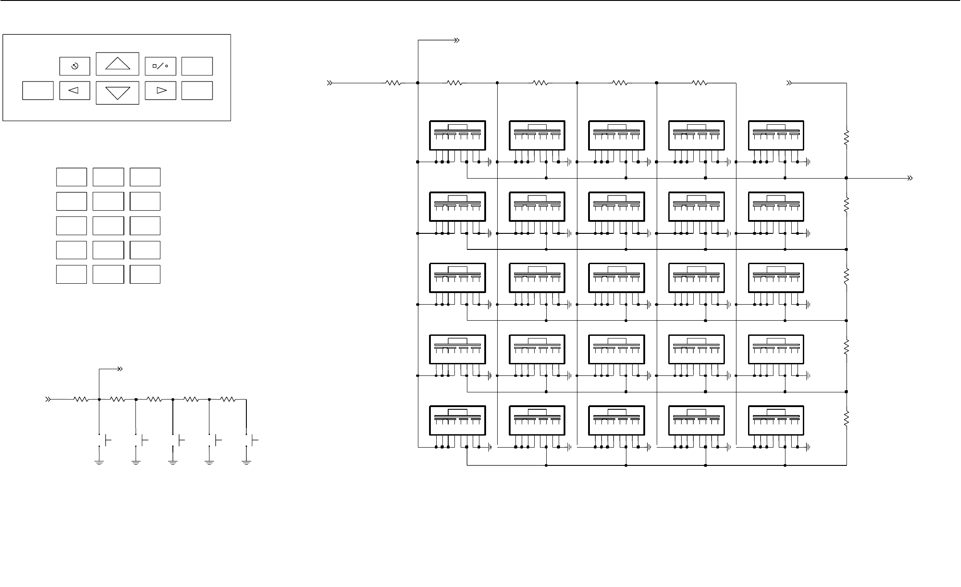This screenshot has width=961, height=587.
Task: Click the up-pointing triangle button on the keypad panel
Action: [x=118, y=64]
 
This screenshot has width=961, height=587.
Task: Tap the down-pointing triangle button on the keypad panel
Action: [x=118, y=93]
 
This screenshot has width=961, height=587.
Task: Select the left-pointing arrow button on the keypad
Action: [x=74, y=90]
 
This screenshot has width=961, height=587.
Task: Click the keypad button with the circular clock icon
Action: [x=74, y=66]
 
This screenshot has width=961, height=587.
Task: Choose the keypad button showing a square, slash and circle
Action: [x=160, y=66]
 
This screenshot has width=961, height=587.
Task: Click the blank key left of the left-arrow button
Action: [x=38, y=90]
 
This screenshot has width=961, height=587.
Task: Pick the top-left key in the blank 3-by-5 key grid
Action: [x=71, y=177]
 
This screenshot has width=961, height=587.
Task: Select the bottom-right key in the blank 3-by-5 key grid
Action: [x=145, y=274]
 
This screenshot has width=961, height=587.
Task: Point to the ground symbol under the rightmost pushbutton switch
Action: [x=246, y=462]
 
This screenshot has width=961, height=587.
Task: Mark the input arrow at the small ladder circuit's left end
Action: [x=48, y=399]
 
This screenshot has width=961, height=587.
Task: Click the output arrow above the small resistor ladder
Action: [x=119, y=369]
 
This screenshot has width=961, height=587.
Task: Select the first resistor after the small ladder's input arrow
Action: [x=81, y=399]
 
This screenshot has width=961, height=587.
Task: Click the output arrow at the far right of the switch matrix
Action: [x=910, y=178]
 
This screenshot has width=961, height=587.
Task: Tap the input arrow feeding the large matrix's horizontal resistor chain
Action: [x=330, y=83]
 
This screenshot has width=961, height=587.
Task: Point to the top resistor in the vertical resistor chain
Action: [x=846, y=137]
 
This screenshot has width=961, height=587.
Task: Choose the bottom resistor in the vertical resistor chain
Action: [x=846, y=419]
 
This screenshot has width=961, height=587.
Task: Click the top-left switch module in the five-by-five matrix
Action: [x=457, y=135]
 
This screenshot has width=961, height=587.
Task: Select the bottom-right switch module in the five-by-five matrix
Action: [x=776, y=420]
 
